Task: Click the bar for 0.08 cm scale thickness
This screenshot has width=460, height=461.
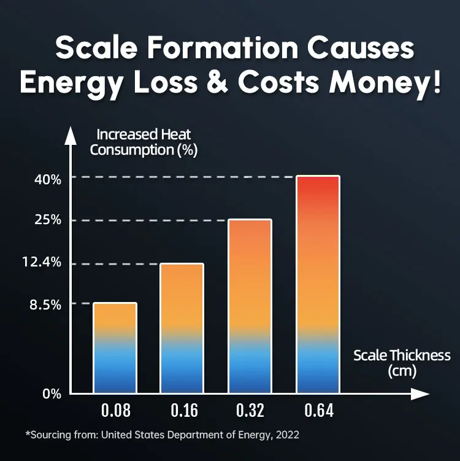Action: point(115,347)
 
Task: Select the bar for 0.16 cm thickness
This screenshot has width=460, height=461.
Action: point(182,328)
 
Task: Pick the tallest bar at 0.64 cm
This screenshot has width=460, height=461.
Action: point(318,284)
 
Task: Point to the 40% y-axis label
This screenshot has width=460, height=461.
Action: point(47,180)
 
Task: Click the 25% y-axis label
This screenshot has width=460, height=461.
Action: point(47,220)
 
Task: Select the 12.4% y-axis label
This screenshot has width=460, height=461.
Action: point(44,263)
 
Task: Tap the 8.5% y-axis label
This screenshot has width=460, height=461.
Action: point(45,304)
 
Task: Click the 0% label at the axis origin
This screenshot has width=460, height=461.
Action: point(52,394)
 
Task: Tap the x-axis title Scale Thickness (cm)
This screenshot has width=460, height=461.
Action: point(402,363)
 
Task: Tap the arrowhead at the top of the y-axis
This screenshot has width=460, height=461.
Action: point(71,134)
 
